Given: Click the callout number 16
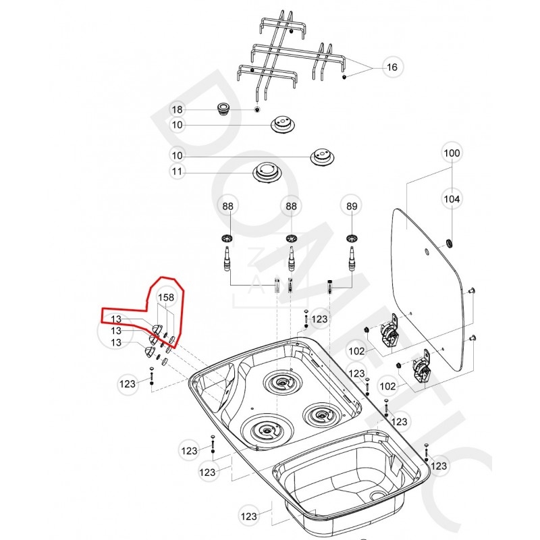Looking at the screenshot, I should click(x=392, y=67).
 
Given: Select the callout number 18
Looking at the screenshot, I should click(x=177, y=110).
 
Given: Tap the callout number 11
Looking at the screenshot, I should click(x=177, y=172).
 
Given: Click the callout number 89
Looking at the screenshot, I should click(x=351, y=205).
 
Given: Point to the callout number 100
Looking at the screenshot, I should click(x=452, y=153).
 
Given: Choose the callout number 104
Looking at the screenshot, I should click(x=452, y=198).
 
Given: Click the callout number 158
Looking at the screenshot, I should click(x=166, y=297).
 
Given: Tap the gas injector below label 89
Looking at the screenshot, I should click(x=351, y=257).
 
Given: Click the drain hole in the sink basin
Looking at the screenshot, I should click(x=377, y=497).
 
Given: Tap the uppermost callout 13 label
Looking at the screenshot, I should click(x=116, y=319).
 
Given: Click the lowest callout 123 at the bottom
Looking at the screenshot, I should click(x=250, y=516).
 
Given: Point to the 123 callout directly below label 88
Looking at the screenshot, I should click(x=319, y=319).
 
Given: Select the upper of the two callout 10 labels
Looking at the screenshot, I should click(x=177, y=126).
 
